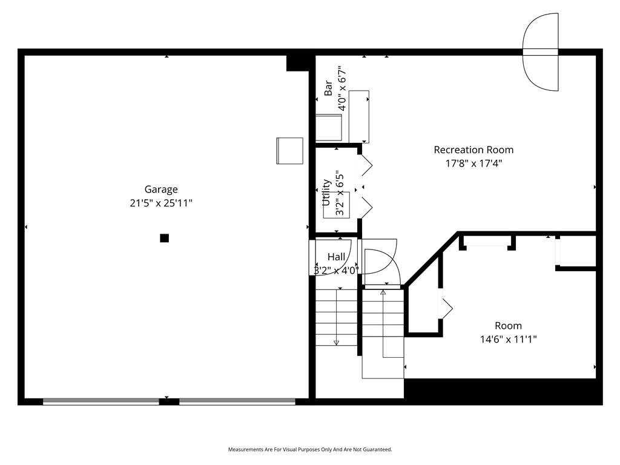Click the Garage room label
pos(161,190)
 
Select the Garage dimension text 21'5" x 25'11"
pos(161,204)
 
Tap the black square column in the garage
pos(164,238)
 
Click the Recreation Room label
pos(473,150)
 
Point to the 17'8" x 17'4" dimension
pos(473,163)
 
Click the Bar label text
pos(328,89)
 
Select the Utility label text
pos(326,193)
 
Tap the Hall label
pos(336,257)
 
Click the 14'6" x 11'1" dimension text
pos(508,340)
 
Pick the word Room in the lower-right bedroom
pos(508,326)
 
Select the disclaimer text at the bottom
pos(310,449)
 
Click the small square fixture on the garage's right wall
pos(289,151)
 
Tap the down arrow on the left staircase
pos(337,342)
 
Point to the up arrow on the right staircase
pos(383,294)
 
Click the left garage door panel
pos(101,401)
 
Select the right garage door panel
pos(237,401)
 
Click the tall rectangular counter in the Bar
pos(359,115)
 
